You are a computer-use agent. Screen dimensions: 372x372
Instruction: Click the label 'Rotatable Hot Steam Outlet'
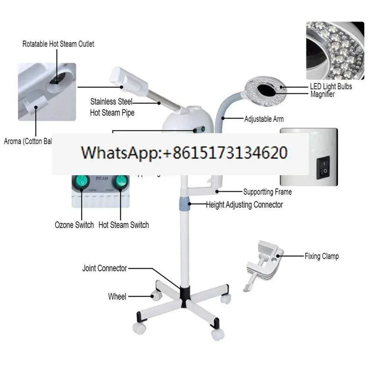pyautogui.click(x=58, y=44)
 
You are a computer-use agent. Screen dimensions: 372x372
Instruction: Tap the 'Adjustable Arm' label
pyautogui.click(x=264, y=119)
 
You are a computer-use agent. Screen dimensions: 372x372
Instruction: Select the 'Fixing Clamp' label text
pyautogui.click(x=321, y=256)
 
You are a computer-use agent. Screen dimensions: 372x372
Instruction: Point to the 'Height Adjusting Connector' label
pyautogui.click(x=244, y=205)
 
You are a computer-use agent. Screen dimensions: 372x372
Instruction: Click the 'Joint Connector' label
pyautogui.click(x=105, y=268)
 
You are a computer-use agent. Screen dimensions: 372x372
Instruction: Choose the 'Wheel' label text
pyautogui.click(x=117, y=296)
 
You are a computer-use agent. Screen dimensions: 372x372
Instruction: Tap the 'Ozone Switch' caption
pyautogui.click(x=74, y=225)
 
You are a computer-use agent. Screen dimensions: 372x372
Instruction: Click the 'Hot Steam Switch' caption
pyautogui.click(x=124, y=225)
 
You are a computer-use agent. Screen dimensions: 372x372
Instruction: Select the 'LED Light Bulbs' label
pyautogui.click(x=331, y=86)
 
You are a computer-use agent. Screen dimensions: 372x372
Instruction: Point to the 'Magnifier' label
pyautogui.click(x=323, y=94)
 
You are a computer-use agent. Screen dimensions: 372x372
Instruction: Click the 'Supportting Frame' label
pyautogui.click(x=267, y=192)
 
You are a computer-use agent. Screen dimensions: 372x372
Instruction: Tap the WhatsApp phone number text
pyautogui.click(x=184, y=153)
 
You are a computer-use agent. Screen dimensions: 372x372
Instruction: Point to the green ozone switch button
pyautogui.click(x=81, y=181)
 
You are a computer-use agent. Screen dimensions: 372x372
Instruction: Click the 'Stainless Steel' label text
pyautogui.click(x=111, y=101)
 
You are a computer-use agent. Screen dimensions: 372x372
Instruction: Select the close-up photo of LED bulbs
pyautogui.click(x=335, y=50)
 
